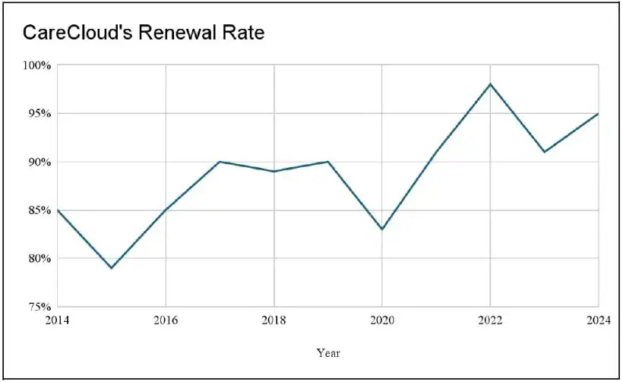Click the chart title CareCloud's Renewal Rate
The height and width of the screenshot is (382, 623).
point(144,33)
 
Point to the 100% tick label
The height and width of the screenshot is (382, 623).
point(37,65)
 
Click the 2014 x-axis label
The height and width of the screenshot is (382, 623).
point(57,320)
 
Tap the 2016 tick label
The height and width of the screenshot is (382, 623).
point(166,320)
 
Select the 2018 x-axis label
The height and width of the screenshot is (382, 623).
point(274,320)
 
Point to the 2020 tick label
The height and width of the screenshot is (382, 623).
point(382,320)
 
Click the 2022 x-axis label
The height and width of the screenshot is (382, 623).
point(490,320)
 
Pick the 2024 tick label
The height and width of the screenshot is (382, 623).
point(596,320)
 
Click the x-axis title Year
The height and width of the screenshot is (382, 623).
point(328,352)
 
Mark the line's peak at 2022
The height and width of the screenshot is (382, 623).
point(490,84)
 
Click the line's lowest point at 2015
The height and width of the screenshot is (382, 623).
point(112,268)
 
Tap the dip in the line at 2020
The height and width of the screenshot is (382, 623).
point(382,229)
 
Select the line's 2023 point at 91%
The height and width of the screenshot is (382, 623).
point(544,152)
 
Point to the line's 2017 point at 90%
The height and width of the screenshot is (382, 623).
point(220,162)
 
